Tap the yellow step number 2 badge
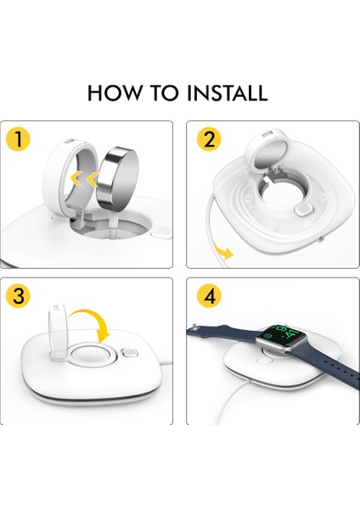(x=208, y=140)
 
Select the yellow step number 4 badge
(x=208, y=297)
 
